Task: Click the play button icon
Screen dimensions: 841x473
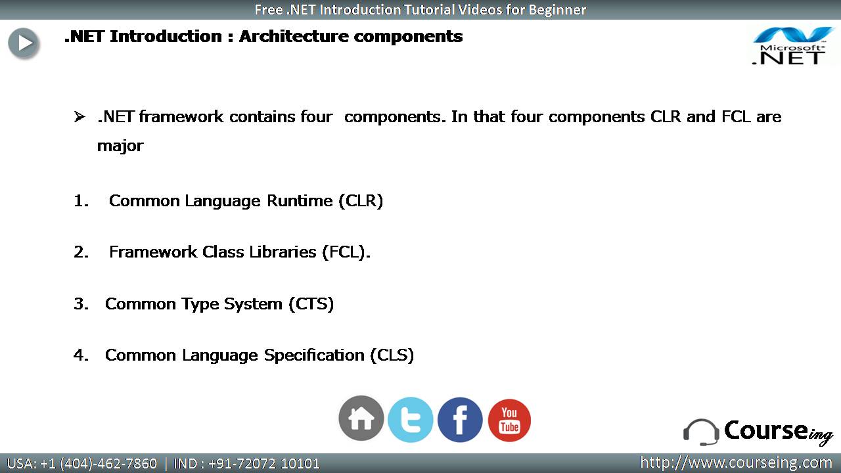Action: [x=24, y=43]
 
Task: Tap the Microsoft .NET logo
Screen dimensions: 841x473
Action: [x=793, y=46]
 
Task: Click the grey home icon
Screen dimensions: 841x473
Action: [x=361, y=418]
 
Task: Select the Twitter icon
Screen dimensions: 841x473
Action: [x=411, y=420]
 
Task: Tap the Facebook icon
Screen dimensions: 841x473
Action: [x=460, y=420]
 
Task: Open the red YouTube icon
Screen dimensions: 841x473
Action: [x=509, y=420]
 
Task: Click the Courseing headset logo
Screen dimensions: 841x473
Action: [x=758, y=432]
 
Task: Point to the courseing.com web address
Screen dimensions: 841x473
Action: [x=736, y=463]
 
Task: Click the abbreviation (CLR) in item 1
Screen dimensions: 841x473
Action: [x=361, y=201]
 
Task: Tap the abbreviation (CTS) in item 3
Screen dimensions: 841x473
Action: [x=311, y=304]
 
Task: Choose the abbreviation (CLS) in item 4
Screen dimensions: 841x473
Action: [x=392, y=355]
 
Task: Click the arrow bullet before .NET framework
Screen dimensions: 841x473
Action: [x=80, y=117]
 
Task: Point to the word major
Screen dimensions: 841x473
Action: [x=120, y=146]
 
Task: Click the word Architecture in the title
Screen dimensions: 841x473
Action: [x=294, y=36]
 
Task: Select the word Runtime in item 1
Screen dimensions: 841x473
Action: [x=300, y=201]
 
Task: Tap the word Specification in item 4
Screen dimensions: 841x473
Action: [x=314, y=355]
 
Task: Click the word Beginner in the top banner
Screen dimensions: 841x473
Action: [x=557, y=10]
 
